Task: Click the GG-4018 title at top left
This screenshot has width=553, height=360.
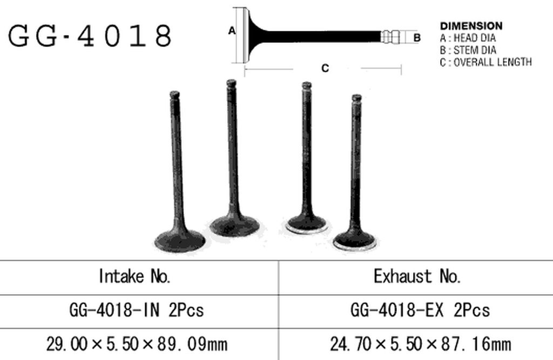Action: tap(90, 36)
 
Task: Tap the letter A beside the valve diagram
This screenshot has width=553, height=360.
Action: tap(231, 31)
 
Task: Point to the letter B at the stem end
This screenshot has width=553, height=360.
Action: tap(417, 37)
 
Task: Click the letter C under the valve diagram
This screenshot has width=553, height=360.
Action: tap(325, 68)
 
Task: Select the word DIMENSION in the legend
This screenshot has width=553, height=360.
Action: tap(471, 26)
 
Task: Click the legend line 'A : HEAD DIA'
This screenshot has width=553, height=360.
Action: tap(468, 38)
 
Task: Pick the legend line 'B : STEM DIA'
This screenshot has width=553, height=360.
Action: tap(468, 50)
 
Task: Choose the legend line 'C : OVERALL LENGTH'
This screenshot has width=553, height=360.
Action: tap(485, 62)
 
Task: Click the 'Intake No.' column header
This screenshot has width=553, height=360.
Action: tap(134, 276)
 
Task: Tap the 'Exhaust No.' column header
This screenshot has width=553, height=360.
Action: tap(417, 276)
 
